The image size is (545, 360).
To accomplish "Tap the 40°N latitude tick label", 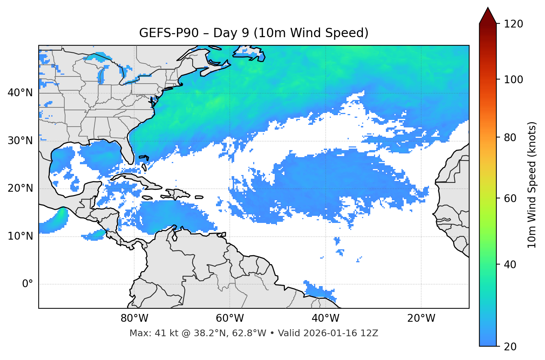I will [x=20, y=93].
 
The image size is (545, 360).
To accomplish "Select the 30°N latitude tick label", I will [x=20, y=141].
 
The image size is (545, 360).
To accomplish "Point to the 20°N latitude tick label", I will [x=20, y=188].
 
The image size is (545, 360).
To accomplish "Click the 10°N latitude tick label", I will [x=20, y=236].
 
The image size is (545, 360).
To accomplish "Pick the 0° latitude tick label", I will [x=28, y=284].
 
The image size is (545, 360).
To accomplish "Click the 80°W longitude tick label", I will [x=134, y=318].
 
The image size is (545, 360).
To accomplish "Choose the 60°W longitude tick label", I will [x=230, y=318].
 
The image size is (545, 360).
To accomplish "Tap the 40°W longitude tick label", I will [x=325, y=318].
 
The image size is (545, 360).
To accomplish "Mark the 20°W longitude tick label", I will [x=421, y=318].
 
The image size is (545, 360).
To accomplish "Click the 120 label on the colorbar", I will [x=513, y=24].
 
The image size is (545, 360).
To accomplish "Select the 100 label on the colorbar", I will [x=513, y=80].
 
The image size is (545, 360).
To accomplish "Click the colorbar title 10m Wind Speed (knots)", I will [x=532, y=185].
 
